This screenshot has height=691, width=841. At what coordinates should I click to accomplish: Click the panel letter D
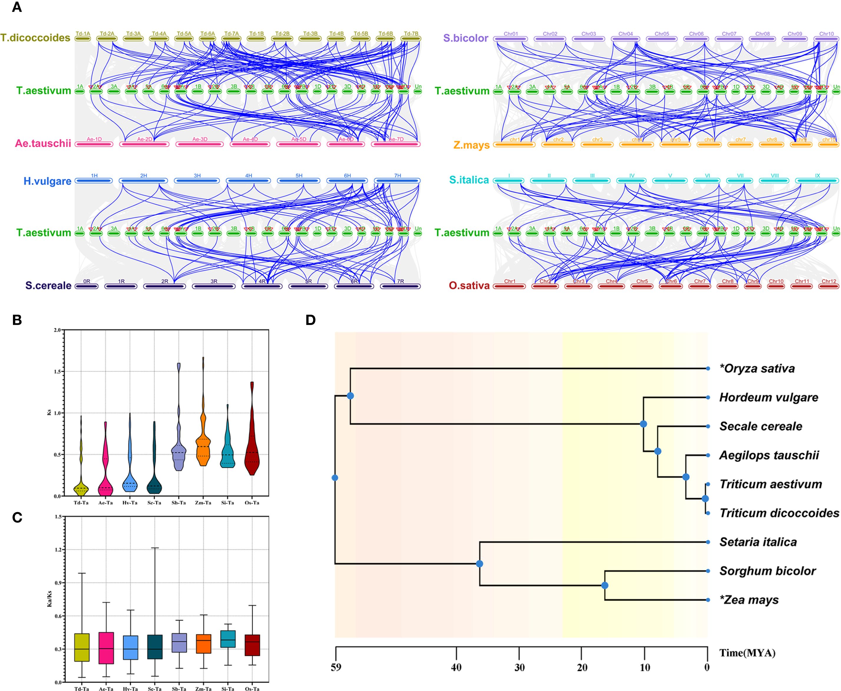click(311, 320)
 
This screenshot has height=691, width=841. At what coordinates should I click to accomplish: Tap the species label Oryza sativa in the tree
click(757, 369)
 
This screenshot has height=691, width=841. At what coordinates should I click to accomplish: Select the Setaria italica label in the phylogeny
click(758, 542)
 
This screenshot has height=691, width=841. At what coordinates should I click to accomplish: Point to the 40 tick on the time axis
click(456, 667)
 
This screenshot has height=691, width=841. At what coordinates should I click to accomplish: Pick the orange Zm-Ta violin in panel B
click(203, 446)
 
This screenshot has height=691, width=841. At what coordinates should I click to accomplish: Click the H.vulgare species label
click(47, 182)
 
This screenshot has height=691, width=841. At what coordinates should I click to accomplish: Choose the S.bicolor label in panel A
click(465, 39)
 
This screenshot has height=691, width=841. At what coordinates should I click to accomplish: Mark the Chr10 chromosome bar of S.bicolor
click(826, 39)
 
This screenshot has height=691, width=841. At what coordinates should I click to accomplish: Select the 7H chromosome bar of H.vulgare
click(397, 181)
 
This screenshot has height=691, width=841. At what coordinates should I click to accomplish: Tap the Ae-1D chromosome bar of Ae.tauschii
click(94, 144)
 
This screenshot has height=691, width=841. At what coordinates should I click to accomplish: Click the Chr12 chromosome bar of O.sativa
click(829, 286)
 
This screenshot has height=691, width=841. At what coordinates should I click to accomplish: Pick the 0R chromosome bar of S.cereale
click(87, 286)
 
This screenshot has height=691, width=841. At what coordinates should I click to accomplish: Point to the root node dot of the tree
click(335, 478)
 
